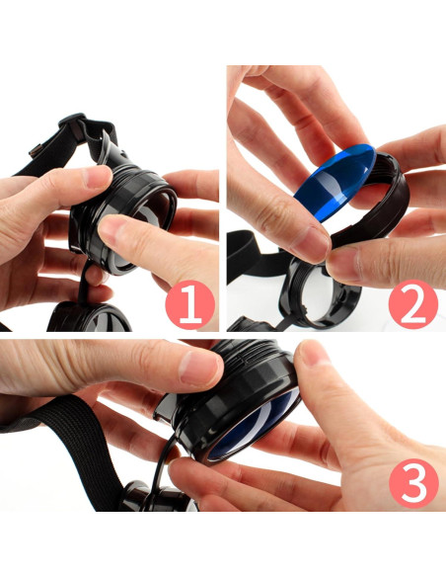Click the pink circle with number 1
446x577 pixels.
pos(189,305)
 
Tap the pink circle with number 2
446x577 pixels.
pos(413,304)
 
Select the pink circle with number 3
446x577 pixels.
pos(413,483)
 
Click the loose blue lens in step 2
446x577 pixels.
pos(334,183)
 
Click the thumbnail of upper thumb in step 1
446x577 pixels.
pos(97,178)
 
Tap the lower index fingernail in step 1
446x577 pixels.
pos(111,229)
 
